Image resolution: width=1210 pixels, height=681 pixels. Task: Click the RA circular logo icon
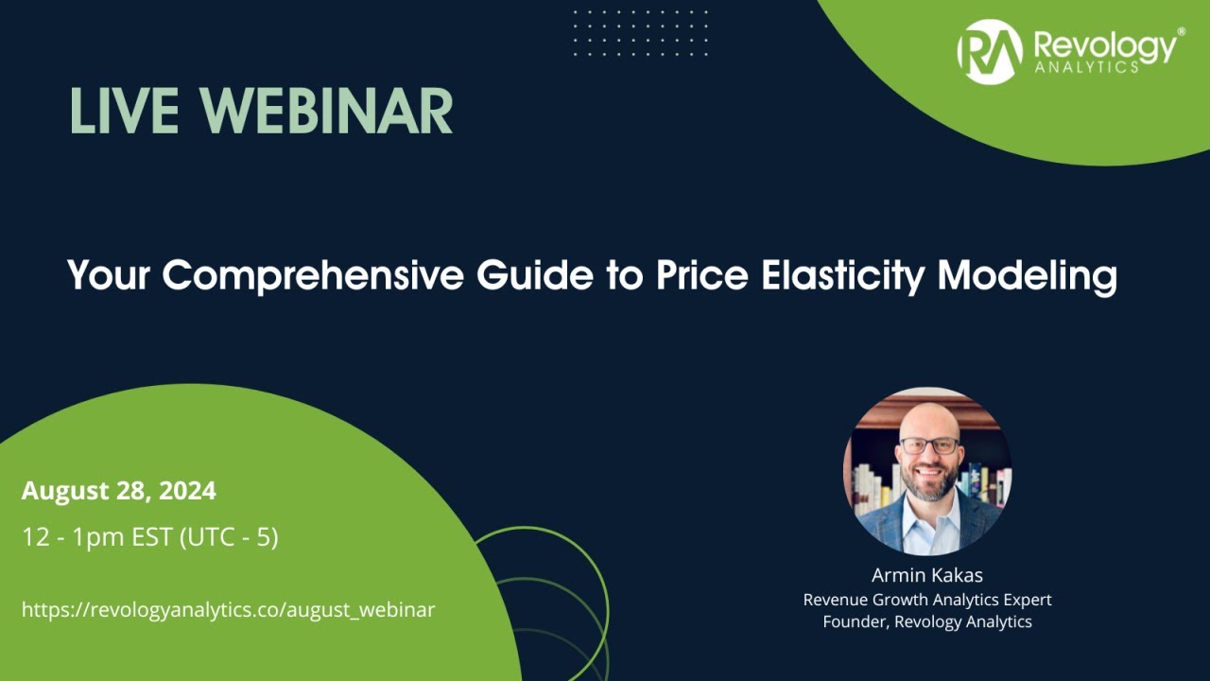pos(990,52)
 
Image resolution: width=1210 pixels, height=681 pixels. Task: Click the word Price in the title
pos(696,276)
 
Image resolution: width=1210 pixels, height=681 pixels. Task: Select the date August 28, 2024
pos(119,491)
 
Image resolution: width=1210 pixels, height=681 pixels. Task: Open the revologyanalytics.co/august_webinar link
pos(228,609)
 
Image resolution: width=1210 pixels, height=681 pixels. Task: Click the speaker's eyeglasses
pos(928,445)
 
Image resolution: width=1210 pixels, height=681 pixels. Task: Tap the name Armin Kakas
pos(926,575)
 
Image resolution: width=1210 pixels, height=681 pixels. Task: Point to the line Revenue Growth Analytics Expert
pos(926,599)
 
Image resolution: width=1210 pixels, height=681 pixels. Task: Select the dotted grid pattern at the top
pos(640,33)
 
